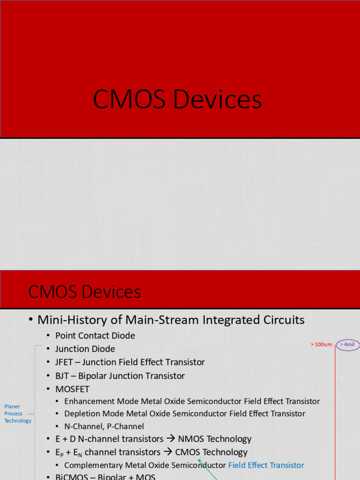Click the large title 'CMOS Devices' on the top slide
(177, 100)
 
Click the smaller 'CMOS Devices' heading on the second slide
(84, 292)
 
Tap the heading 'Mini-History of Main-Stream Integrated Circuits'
(171, 320)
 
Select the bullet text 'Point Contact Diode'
(95, 336)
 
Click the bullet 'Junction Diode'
(85, 349)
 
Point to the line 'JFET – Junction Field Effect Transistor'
(130, 362)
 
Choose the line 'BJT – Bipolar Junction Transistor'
(120, 375)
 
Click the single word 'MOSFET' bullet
(72, 389)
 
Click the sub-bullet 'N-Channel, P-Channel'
(104, 427)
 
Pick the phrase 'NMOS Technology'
(215, 439)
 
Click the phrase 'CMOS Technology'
(211, 452)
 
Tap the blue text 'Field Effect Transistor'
(266, 465)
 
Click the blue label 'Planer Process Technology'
(18, 413)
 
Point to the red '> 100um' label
(321, 345)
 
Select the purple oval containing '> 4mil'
(347, 345)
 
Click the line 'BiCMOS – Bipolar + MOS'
(105, 477)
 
